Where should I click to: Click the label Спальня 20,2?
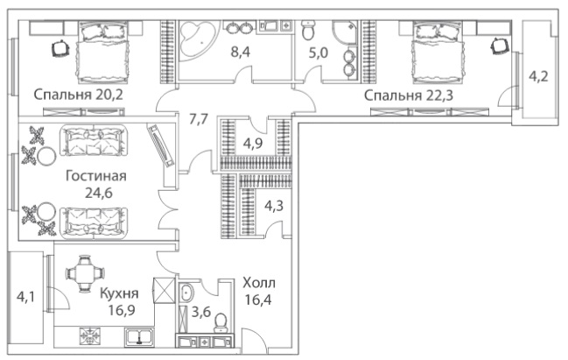tap(78, 95)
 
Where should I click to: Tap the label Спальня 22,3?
tap(409, 95)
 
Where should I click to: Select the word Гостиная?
tap(96, 176)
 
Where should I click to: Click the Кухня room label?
tap(119, 293)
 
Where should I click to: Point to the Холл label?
tap(259, 283)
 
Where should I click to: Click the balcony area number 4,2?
tap(538, 77)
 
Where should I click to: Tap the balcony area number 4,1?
tap(25, 298)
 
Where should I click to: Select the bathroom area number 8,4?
tap(241, 53)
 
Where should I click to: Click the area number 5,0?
tap(318, 53)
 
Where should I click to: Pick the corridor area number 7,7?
tap(199, 118)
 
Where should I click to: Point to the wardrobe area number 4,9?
tap(253, 144)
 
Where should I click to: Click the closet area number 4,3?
tap(274, 207)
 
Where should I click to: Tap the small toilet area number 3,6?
tap(201, 312)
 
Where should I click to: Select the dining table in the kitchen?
tap(85, 273)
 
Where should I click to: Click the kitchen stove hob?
tap(88, 336)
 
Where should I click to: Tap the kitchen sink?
tap(139, 335)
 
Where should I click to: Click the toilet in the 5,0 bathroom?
tap(308, 30)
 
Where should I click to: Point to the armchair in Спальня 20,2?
tap(60, 48)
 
